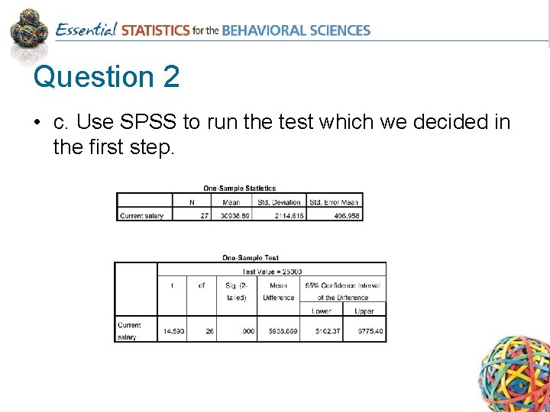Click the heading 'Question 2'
[x=107, y=77]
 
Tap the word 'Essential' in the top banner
[x=86, y=31]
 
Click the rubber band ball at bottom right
[x=513, y=374]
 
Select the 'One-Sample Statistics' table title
[x=239, y=188]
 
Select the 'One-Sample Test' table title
[x=251, y=258]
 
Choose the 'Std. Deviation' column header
[x=279, y=202]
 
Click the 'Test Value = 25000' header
[x=271, y=272]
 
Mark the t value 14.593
[x=173, y=332]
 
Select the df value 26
[x=208, y=332]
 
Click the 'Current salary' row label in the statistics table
[x=141, y=216]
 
